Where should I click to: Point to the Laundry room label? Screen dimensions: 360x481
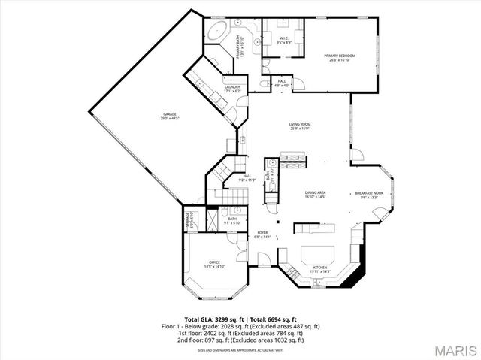pos(232,89)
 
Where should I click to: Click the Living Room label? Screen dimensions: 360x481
pos(300,126)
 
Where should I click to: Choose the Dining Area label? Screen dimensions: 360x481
pos(315,194)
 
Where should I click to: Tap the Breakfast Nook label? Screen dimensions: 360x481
pos(369,195)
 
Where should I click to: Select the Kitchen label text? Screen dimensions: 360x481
pos(320,267)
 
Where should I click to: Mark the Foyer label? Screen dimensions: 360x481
pos(262,234)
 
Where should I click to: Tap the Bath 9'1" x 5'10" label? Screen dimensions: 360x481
pos(232,220)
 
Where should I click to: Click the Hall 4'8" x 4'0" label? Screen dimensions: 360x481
pos(282,83)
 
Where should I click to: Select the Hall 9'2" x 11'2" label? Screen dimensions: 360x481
pos(247,178)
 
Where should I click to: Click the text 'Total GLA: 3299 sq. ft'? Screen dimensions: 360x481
pos(213,319)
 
